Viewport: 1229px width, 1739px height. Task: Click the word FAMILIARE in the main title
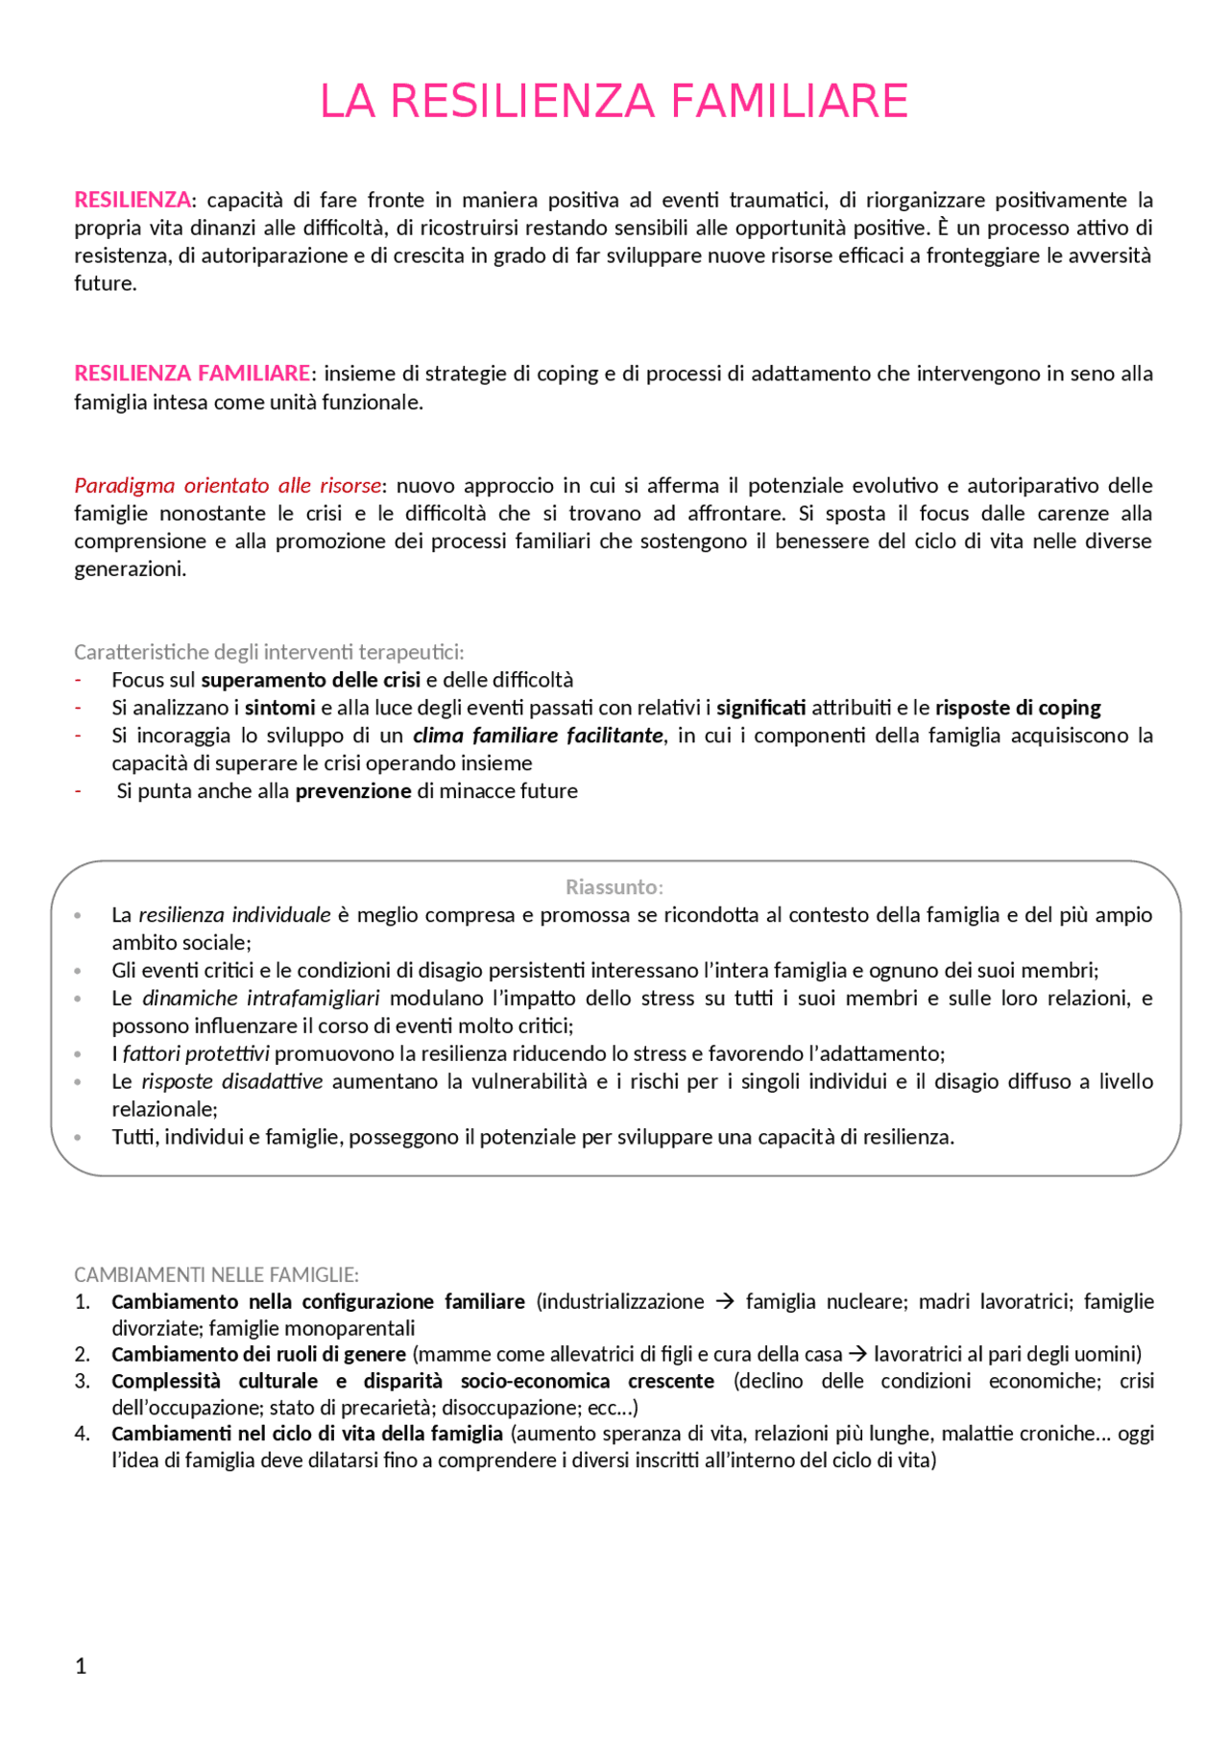click(788, 102)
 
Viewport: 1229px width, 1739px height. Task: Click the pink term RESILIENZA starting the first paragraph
click(132, 200)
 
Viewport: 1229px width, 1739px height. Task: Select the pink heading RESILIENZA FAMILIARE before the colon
click(192, 374)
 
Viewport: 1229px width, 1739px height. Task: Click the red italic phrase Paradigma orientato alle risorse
click(228, 486)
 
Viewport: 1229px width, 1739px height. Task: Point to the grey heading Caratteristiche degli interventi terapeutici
click(268, 652)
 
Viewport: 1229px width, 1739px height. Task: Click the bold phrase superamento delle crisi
click(310, 680)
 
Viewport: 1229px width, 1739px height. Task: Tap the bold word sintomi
click(279, 708)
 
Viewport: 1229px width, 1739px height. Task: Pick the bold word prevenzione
click(352, 791)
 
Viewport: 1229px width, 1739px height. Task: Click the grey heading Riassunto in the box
click(613, 887)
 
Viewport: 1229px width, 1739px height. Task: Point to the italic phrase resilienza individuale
click(234, 915)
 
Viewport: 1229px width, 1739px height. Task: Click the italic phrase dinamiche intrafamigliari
click(260, 999)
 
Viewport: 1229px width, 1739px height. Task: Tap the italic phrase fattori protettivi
click(196, 1054)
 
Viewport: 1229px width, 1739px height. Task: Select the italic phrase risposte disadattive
click(231, 1082)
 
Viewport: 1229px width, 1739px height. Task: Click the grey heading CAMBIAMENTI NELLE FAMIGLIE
click(215, 1275)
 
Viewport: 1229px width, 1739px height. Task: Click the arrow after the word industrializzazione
click(725, 1302)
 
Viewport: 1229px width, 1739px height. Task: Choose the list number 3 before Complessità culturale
click(83, 1381)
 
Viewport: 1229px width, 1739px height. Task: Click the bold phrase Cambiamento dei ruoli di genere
click(258, 1354)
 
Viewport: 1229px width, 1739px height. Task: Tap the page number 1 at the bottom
click(81, 1666)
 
